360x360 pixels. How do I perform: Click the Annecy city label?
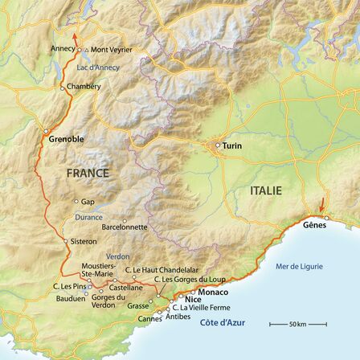pyautogui.click(x=63, y=48)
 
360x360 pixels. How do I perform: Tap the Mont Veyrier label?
pyautogui.click(x=111, y=50)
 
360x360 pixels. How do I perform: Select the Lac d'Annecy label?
pyautogui.click(x=98, y=67)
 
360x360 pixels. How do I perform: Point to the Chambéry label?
pyautogui.click(x=84, y=87)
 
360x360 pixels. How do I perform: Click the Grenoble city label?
pyautogui.click(x=66, y=139)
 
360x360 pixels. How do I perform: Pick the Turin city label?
pyautogui.click(x=231, y=145)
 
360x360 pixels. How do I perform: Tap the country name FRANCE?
pyautogui.click(x=88, y=173)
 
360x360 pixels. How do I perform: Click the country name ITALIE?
pyautogui.click(x=266, y=190)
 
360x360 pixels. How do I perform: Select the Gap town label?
pyautogui.click(x=88, y=202)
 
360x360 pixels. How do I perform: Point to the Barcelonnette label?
pyautogui.click(x=125, y=227)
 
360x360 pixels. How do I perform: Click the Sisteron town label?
pyautogui.click(x=84, y=241)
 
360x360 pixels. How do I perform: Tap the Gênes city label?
pyautogui.click(x=315, y=225)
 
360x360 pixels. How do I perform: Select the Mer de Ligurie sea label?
pyautogui.click(x=298, y=266)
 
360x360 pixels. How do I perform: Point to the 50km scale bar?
pyautogui.click(x=297, y=324)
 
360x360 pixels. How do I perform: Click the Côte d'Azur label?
pyautogui.click(x=223, y=322)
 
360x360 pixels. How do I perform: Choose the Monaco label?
pyautogui.click(x=214, y=292)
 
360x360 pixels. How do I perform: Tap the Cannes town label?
pyautogui.click(x=150, y=319)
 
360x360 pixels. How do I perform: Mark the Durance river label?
pyautogui.click(x=89, y=217)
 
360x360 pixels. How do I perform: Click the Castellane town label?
pyautogui.click(x=126, y=287)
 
